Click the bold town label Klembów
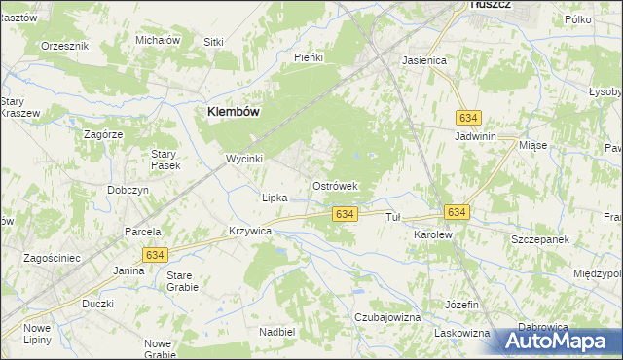coord(233,112)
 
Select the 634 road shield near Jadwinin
coord(468,117)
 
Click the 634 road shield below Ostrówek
coord(342,213)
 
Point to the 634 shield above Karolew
coord(457,211)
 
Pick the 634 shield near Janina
coord(154,254)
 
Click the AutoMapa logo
coord(557,342)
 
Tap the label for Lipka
coord(275,198)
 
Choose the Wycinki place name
coord(244,158)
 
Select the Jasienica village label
coord(424,60)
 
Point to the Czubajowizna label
coord(387,317)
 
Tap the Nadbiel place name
coord(277,331)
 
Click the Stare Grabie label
coord(182,282)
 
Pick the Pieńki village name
coord(308,57)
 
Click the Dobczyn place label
coord(128,190)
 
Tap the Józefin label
coord(462,305)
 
